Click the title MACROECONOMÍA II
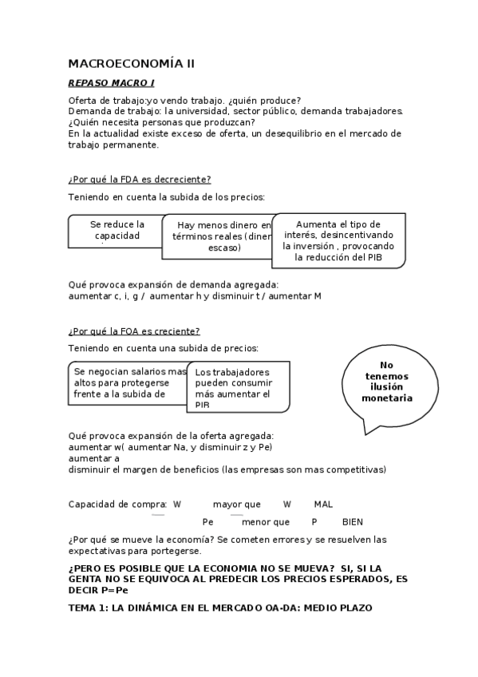point(131,63)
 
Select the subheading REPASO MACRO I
point(111,83)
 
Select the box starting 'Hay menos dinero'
point(217,236)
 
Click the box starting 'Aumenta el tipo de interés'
point(338,240)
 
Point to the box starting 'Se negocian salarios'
point(128,382)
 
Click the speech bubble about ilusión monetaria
point(387,382)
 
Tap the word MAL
point(323,505)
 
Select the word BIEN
point(352,522)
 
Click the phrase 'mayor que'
point(237,505)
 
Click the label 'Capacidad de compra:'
point(117,505)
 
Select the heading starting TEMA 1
point(219,608)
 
